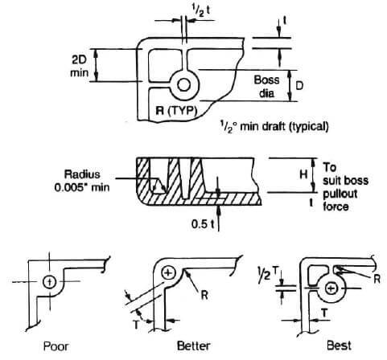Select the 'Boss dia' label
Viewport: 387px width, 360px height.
click(x=266, y=85)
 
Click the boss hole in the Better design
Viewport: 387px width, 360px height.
click(x=168, y=272)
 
